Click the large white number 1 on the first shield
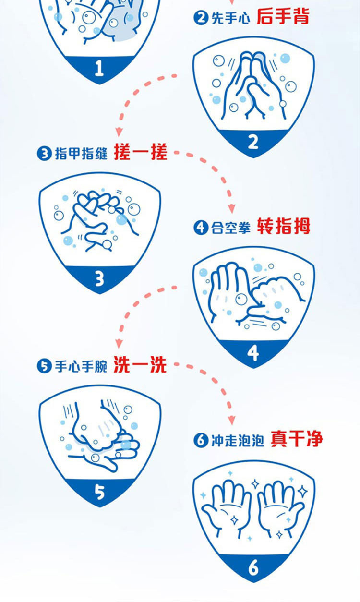[99, 68]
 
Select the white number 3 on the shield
[99, 279]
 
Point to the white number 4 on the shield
[253, 353]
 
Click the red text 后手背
[283, 16]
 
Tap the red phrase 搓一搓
[141, 152]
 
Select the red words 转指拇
[283, 226]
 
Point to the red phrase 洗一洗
[140, 365]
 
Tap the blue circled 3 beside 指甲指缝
[44, 154]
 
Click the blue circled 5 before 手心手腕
[44, 366]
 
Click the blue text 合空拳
[231, 228]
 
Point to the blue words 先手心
[231, 18]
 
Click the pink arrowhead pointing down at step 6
[231, 420]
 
